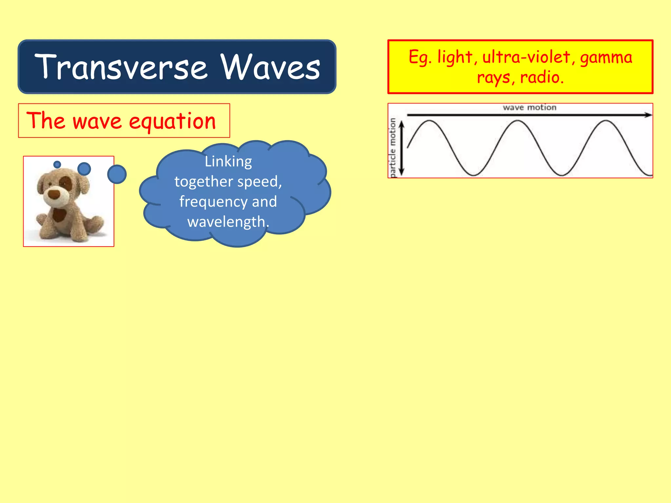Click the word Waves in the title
tap(270, 67)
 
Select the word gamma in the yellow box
tap(606, 58)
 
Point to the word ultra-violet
tap(526, 57)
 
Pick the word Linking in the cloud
tap(228, 162)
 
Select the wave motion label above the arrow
tap(529, 107)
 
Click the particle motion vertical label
tap(393, 147)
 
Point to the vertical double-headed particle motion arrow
tap(402, 147)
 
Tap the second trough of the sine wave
tap(562, 175)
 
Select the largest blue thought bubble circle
tap(117, 174)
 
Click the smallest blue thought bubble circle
tap(57, 164)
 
